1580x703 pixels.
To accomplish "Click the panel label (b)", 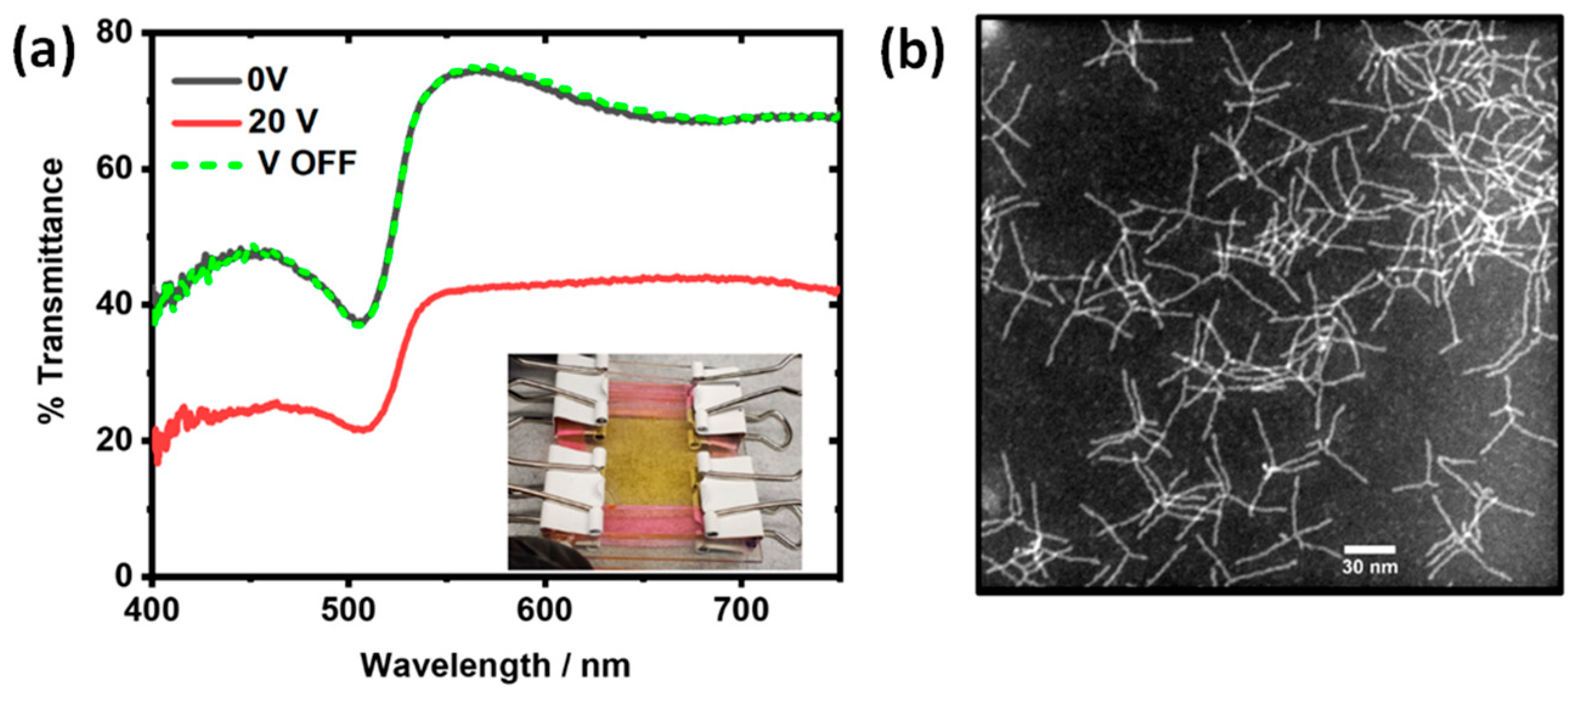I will (912, 54).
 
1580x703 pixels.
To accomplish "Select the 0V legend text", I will (267, 80).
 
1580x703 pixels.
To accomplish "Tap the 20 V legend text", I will (282, 122).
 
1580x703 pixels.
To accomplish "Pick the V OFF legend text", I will (307, 163).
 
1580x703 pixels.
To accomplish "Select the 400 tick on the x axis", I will (152, 611).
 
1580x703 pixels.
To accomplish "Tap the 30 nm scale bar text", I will (1370, 567).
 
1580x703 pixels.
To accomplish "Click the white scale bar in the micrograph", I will (1370, 549).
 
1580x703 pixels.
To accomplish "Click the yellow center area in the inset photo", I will (650, 457).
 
